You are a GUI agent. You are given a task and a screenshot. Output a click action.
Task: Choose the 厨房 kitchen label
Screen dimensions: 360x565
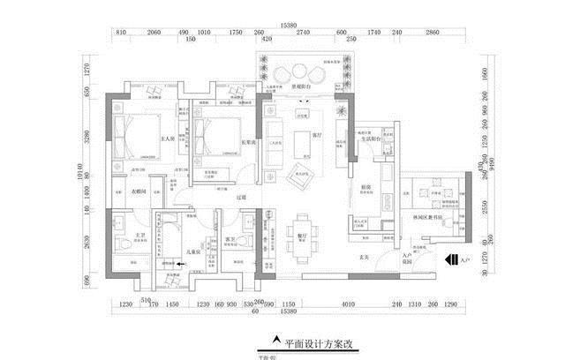[365, 186]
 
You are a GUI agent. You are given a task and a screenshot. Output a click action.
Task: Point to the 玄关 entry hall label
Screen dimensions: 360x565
[363, 257]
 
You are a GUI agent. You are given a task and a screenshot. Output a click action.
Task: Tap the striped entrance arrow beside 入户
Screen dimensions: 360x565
[452, 260]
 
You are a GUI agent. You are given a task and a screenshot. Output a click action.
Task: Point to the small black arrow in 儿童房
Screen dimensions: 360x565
[182, 263]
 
